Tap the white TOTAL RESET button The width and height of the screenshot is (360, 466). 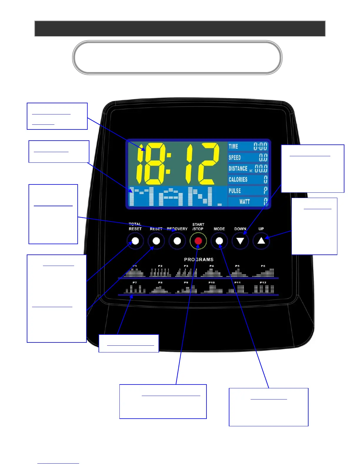[x=135, y=241]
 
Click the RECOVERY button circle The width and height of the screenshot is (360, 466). [x=177, y=241]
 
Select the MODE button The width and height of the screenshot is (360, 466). [x=219, y=241]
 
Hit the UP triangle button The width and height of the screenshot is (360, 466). [x=261, y=241]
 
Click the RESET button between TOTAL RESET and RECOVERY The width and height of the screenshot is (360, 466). [x=156, y=241]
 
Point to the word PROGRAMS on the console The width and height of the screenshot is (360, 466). [x=199, y=259]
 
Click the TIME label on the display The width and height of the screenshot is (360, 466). [x=234, y=146]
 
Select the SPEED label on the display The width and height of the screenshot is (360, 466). [x=235, y=157]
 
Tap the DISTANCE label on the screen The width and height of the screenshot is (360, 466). [x=238, y=169]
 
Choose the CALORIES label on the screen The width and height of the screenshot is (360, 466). [x=238, y=179]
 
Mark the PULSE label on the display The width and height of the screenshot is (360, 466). [x=235, y=191]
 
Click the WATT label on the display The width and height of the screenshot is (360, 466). [x=244, y=202]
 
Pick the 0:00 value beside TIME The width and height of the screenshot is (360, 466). [x=260, y=146]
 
